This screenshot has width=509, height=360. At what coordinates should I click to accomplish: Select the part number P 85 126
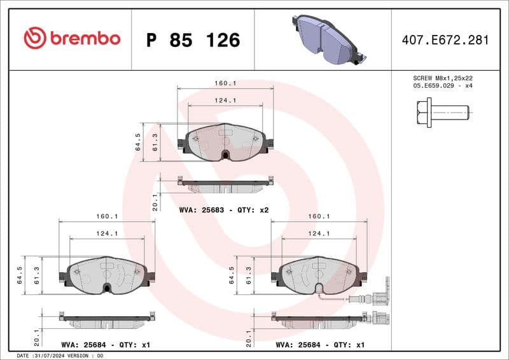click(193, 40)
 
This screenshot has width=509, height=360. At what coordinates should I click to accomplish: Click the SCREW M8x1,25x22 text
click(443, 78)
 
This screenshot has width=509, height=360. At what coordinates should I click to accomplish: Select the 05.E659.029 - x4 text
click(443, 85)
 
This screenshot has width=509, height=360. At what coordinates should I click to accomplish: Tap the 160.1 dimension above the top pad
click(225, 83)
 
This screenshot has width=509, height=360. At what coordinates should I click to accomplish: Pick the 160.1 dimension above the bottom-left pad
click(107, 216)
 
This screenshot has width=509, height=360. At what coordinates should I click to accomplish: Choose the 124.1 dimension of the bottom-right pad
click(319, 233)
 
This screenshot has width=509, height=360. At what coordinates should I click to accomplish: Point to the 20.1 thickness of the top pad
click(155, 202)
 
